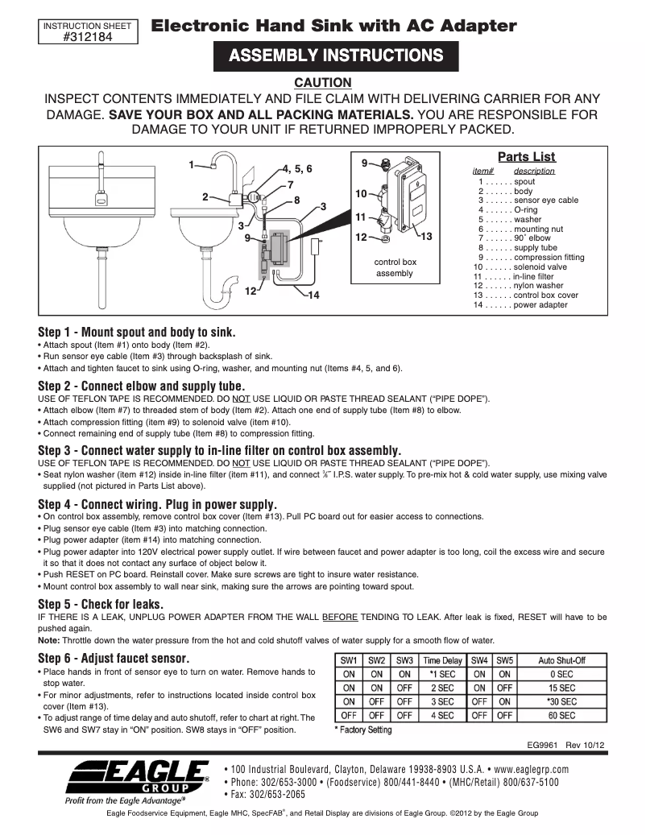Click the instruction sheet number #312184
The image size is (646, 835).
[92, 35]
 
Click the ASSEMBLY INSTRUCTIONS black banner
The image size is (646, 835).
[335, 56]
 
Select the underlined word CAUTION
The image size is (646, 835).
[322, 82]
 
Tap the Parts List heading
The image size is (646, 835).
[526, 157]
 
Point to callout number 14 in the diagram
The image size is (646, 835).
[313, 296]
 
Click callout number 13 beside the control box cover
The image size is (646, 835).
[427, 237]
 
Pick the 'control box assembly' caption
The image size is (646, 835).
[395, 268]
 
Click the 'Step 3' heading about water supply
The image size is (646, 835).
[219, 450]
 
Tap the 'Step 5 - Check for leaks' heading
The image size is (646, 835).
[101, 604]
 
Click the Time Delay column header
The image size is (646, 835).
[442, 660]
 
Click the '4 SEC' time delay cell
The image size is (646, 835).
[442, 715]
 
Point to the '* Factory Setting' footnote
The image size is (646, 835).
[363, 730]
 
